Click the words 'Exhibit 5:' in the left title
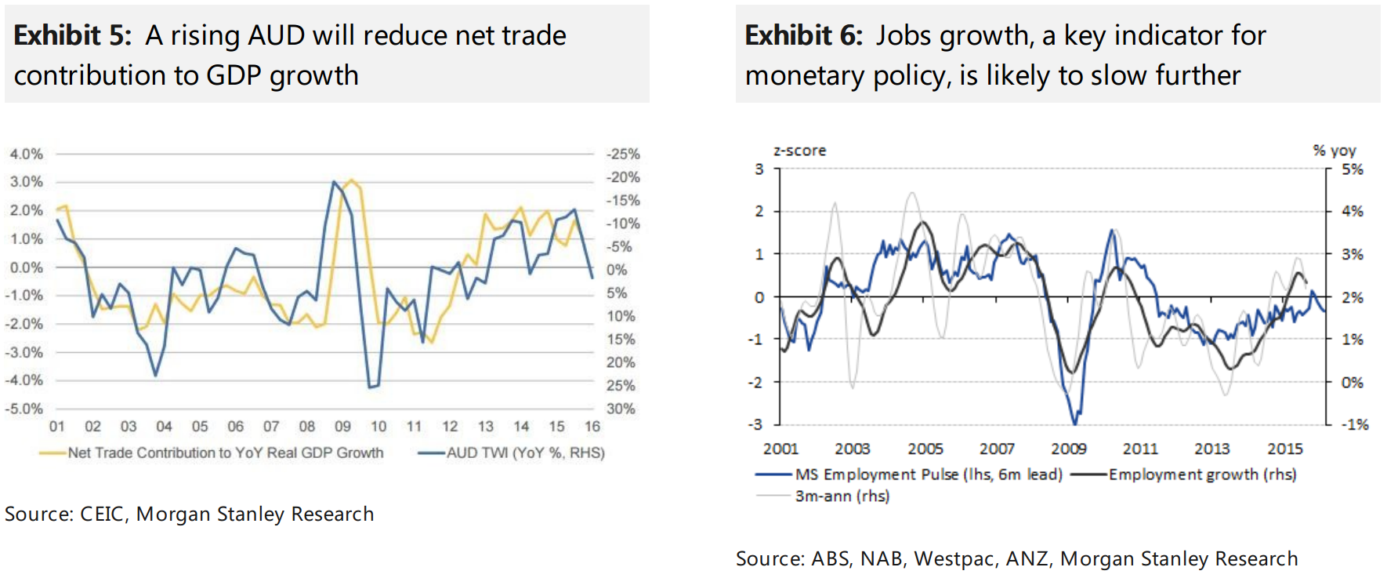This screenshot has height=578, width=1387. tap(72, 35)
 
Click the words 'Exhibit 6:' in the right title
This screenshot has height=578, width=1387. tap(803, 35)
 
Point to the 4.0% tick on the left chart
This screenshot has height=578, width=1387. tap(26, 154)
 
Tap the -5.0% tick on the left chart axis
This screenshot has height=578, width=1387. tap(24, 409)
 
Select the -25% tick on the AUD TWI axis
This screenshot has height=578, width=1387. tap(623, 154)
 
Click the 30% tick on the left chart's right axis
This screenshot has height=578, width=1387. tap(620, 409)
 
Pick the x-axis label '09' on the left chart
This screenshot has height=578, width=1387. tap(342, 427)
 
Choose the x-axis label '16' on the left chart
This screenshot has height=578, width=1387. tap(592, 427)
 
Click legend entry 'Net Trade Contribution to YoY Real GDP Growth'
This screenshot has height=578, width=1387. tap(225, 453)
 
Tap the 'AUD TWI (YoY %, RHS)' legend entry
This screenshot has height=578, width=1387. tap(525, 453)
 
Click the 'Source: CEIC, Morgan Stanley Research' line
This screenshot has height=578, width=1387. tap(189, 514)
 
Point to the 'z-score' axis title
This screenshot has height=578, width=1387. tap(799, 151)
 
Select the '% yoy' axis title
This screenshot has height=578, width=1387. tap(1334, 151)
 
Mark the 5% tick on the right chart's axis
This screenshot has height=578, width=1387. tap(1352, 169)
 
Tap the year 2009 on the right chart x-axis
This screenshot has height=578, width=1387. tap(1069, 449)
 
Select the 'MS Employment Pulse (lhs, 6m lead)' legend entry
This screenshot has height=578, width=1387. tap(928, 474)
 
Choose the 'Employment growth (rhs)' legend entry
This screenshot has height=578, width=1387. tap(1202, 474)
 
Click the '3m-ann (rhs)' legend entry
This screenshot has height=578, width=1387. tap(842, 496)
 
